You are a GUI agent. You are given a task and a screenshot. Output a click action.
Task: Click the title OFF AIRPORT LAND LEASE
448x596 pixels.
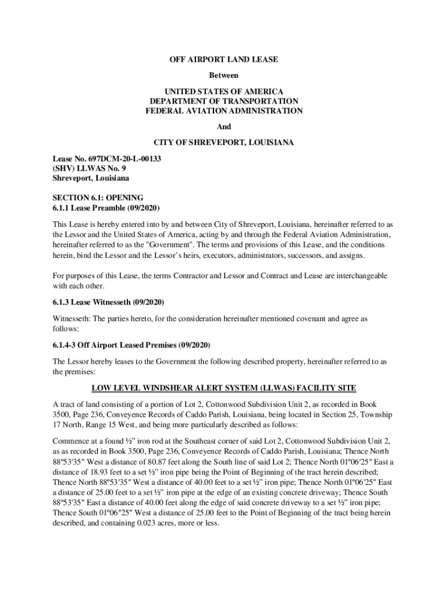click(224, 59)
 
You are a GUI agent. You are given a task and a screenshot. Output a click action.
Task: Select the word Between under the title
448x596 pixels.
click(224, 76)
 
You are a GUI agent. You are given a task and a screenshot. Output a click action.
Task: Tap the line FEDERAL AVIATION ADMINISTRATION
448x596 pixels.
click(224, 111)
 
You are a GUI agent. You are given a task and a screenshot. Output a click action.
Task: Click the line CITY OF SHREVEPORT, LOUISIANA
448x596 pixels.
click(224, 143)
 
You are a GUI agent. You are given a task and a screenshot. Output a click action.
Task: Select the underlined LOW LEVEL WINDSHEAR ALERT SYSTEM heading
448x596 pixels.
click(223, 388)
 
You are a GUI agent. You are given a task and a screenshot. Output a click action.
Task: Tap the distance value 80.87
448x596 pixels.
click(151, 461)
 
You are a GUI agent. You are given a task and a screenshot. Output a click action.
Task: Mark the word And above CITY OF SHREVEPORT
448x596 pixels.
click(224, 126)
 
